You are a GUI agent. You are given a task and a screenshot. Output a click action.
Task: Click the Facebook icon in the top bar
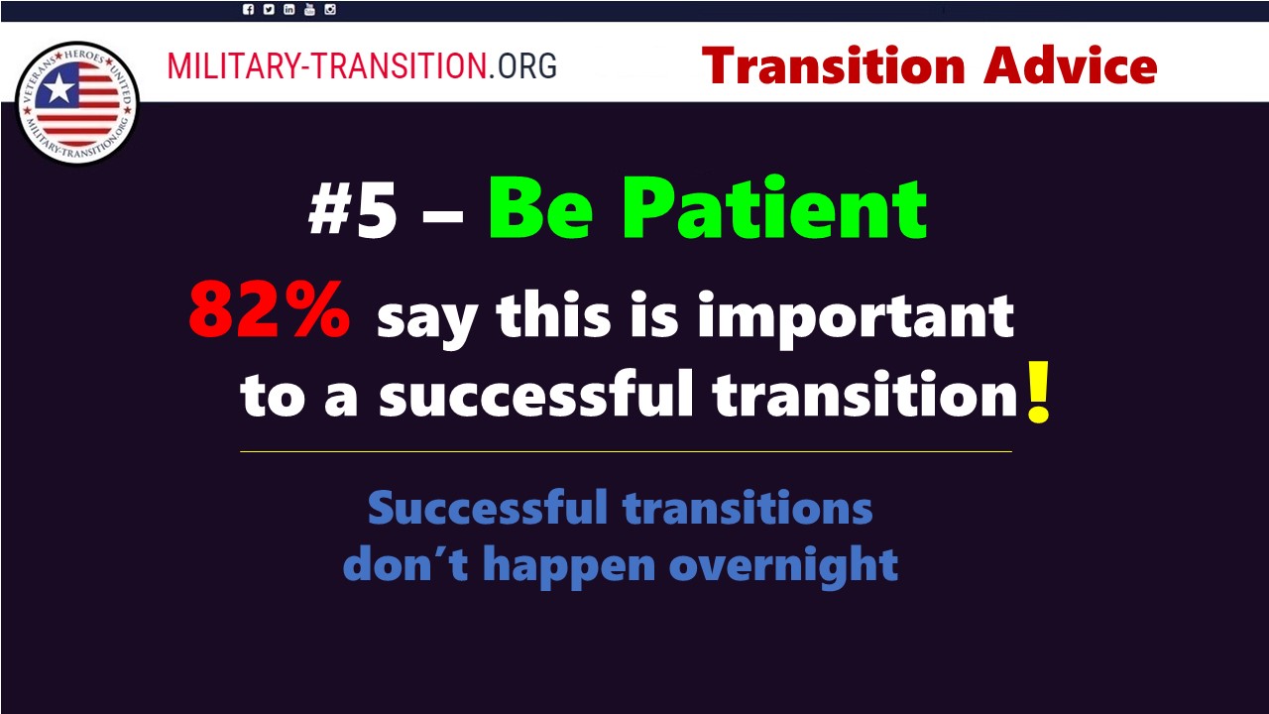coord(248,9)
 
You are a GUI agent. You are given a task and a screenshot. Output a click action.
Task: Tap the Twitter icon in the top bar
coord(269,9)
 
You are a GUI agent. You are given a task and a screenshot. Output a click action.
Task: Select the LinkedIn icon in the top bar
coord(288,9)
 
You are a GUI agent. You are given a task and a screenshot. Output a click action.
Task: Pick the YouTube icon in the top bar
coord(309,9)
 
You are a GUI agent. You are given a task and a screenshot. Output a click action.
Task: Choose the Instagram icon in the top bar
coord(330,9)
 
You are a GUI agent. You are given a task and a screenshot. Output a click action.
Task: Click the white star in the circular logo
coord(58,89)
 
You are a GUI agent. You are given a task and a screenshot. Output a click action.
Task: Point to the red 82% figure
coord(270,310)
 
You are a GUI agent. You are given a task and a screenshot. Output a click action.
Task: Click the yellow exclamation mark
coord(1039,392)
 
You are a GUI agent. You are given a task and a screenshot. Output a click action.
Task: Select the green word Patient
coord(774,208)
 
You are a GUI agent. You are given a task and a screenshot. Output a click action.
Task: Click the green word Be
coord(541,209)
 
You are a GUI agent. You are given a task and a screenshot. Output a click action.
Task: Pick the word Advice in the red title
coord(1070,65)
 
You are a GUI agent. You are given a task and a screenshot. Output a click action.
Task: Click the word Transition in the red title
coord(834,65)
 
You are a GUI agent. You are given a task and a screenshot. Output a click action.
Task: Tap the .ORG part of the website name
coord(522,65)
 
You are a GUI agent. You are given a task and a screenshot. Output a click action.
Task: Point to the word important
coord(856,317)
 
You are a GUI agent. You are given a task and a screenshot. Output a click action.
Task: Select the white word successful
coord(536,394)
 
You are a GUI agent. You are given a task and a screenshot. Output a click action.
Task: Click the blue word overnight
coord(783,565)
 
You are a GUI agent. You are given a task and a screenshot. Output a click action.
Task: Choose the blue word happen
coord(569,565)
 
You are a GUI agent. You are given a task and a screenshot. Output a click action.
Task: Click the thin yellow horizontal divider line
coord(626,451)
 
